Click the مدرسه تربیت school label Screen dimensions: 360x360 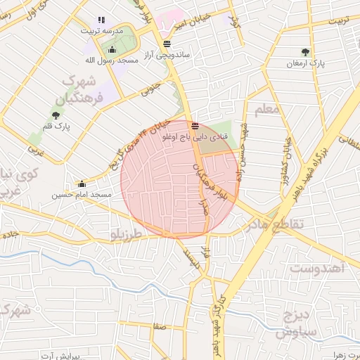pos(103,31)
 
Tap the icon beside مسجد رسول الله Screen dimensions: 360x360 pos(112,49)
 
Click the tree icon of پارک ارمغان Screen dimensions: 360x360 pos(304,52)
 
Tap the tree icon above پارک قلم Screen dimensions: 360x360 pos(56,115)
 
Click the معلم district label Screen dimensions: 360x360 pos(268,110)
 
